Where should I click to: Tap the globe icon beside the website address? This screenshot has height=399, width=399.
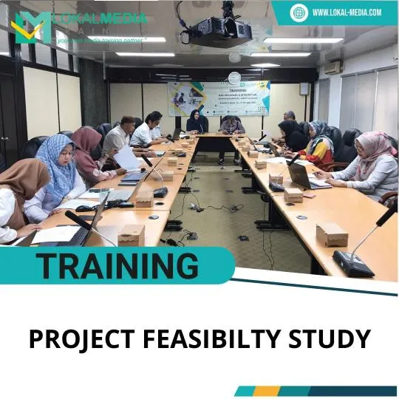(299, 12)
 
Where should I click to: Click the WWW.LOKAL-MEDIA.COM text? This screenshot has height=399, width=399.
(346, 12)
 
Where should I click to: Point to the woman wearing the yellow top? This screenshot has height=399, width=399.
(318, 144)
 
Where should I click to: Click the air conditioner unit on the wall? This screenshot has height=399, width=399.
(334, 67)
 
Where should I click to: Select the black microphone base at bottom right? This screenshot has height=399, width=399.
(353, 262)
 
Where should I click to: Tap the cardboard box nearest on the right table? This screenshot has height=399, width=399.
(331, 234)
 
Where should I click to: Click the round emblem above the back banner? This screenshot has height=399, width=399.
(233, 78)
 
